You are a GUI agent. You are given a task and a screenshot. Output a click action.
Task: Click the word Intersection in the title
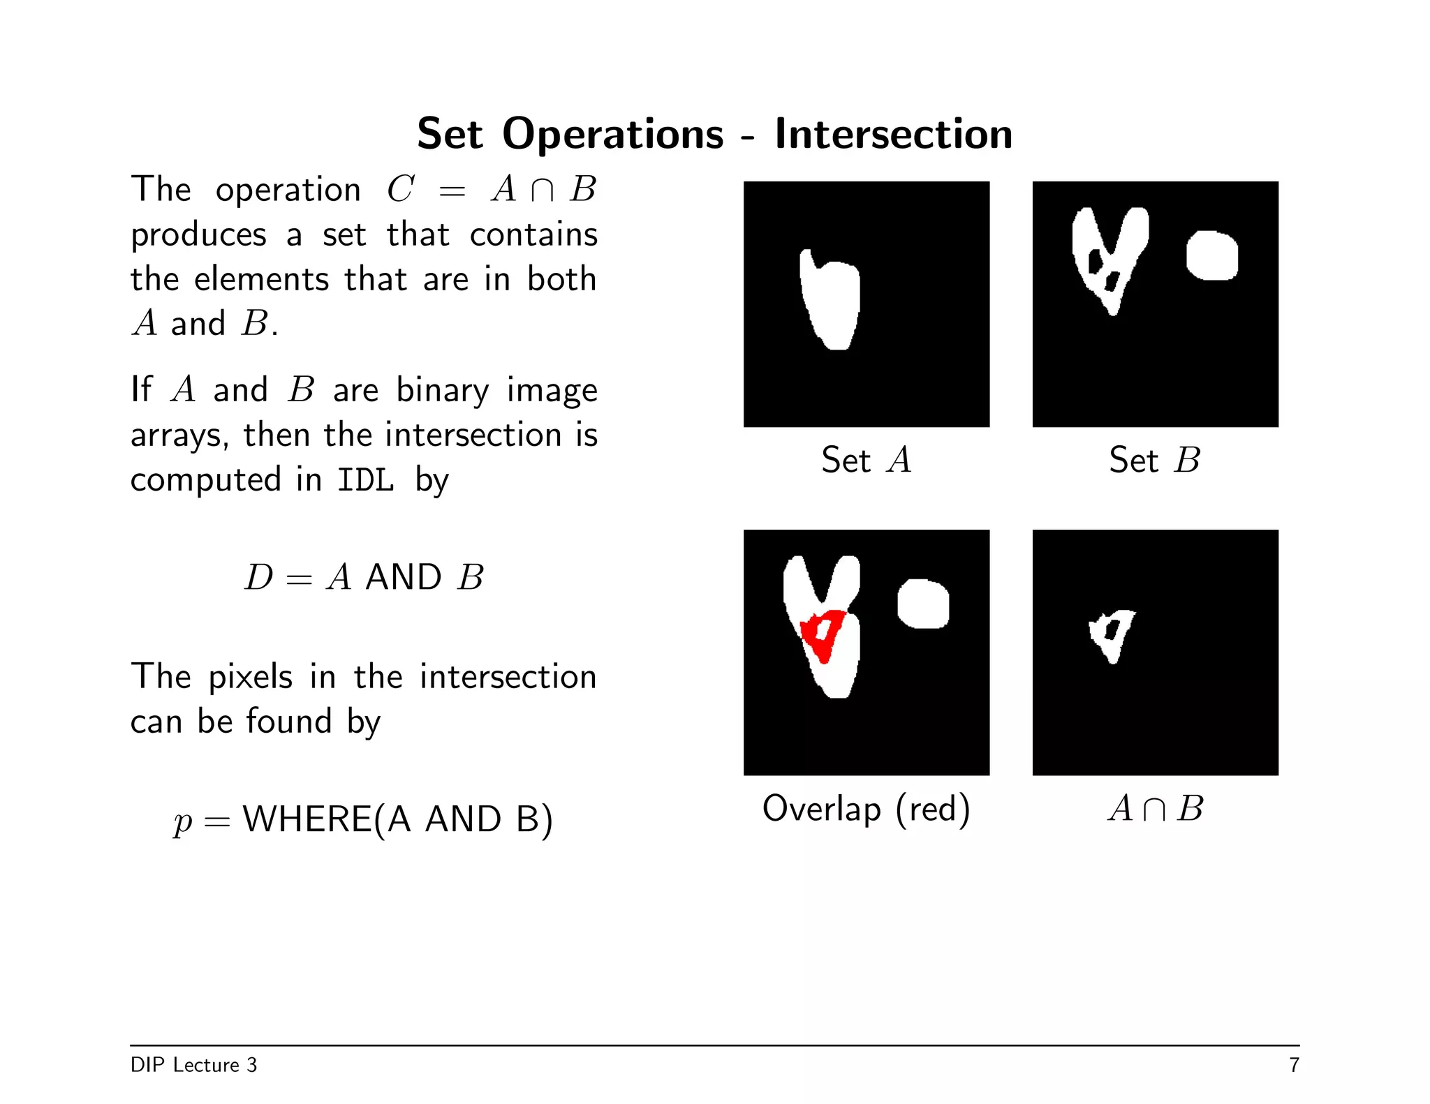pyautogui.click(x=893, y=133)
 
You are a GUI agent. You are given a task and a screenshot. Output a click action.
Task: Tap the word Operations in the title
pyautogui.click(x=612, y=133)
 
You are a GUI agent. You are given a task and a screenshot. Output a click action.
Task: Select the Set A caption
pyautogui.click(x=866, y=460)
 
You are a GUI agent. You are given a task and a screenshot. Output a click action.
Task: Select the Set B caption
pyautogui.click(x=1155, y=460)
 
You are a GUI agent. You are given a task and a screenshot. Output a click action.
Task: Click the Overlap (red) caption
pyautogui.click(x=866, y=809)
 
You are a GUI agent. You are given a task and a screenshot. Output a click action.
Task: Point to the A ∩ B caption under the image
pyautogui.click(x=1155, y=809)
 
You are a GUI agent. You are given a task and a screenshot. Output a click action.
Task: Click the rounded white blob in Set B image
pyautogui.click(x=1212, y=256)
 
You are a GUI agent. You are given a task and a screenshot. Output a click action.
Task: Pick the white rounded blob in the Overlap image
pyautogui.click(x=923, y=604)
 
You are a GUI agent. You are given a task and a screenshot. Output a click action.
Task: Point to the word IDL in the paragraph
pyautogui.click(x=365, y=480)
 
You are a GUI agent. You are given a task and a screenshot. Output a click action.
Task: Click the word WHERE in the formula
pyautogui.click(x=307, y=819)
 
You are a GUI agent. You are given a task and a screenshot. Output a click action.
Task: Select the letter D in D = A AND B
pyautogui.click(x=258, y=578)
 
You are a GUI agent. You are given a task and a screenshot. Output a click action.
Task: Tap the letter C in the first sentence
pyautogui.click(x=401, y=189)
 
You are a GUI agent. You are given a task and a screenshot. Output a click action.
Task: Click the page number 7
pyautogui.click(x=1294, y=1065)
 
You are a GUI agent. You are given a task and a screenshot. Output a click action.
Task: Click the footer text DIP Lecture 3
pyautogui.click(x=193, y=1065)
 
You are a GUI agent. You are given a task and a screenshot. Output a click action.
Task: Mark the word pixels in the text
pyautogui.click(x=251, y=677)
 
